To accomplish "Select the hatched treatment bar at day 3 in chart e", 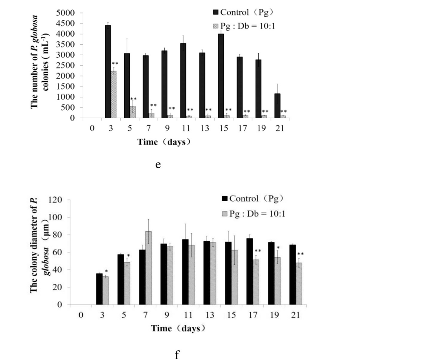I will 114,94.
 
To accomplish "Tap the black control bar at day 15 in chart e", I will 221,76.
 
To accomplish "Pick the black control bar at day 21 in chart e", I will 277,106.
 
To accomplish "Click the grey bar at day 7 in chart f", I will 148,268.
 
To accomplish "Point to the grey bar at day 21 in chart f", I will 299,284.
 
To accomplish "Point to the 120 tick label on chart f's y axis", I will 55,200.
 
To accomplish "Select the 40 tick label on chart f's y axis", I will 57,270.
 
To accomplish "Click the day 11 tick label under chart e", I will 186,128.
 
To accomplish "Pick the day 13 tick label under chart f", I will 210,315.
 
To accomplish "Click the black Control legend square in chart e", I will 216,12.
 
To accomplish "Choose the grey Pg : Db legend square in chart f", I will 225,214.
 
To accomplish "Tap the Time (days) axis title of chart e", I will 164,142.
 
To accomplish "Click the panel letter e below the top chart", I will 158,165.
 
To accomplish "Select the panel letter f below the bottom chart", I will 177,355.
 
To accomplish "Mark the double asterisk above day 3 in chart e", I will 115,64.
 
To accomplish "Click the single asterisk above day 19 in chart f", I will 278,248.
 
